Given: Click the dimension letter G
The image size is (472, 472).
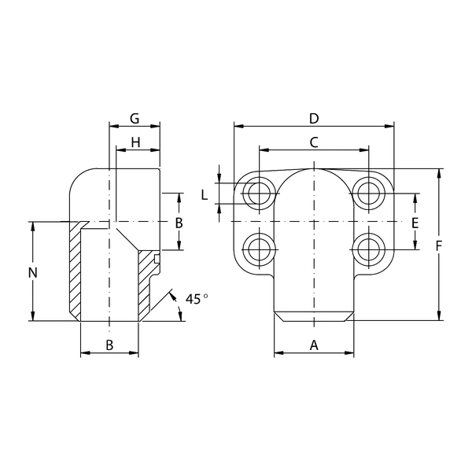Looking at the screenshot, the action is (135, 119).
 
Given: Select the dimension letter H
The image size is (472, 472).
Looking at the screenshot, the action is (136, 142).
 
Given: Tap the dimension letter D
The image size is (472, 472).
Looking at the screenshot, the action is (314, 119).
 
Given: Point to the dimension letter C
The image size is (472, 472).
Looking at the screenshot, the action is (314, 142).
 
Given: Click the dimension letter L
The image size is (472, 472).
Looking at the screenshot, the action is (205, 195).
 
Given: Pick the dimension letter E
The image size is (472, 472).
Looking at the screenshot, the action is (415, 223).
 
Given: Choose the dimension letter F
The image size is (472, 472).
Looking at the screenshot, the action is (439, 247).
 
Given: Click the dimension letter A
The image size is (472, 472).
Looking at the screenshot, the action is (314, 345).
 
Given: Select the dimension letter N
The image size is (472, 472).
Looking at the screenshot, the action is (32, 273).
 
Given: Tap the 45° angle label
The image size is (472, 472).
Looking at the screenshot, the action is (196, 299).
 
